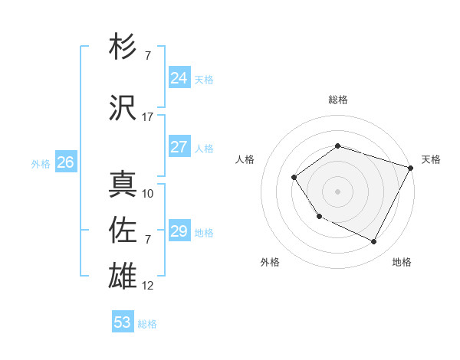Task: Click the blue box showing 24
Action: [x=179, y=78]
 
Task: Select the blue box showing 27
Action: [x=179, y=147]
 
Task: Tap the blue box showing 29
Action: [x=179, y=231]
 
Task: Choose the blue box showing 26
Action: [x=65, y=162]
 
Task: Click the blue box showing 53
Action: [x=123, y=322]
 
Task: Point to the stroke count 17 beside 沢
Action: [x=148, y=117]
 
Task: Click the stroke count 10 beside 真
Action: [x=148, y=194]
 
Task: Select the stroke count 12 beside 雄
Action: [x=148, y=286]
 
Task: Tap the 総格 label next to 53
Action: [x=147, y=324]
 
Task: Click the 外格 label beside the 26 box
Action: [x=41, y=163]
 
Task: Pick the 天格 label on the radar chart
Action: [x=431, y=159]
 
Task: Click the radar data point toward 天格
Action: [x=411, y=168]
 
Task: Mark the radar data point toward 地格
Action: [x=374, y=242]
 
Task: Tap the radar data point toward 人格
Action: [x=294, y=178]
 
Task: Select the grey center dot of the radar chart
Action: [x=337, y=191]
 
